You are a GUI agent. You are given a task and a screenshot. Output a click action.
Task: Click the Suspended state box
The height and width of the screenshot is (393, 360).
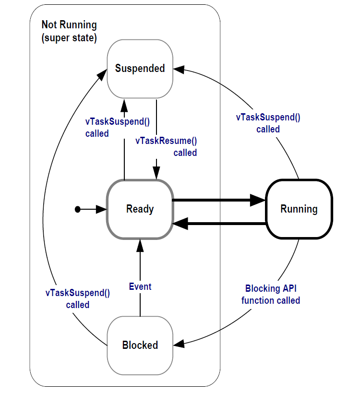(x=140, y=69)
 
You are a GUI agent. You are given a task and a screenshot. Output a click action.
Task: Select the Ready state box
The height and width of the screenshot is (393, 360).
(x=140, y=209)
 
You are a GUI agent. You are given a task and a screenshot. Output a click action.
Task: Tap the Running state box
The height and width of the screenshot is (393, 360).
(x=299, y=209)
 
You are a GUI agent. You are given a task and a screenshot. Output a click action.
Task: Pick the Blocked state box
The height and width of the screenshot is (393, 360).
(x=140, y=345)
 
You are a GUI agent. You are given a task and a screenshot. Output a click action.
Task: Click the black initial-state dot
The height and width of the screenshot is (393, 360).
(x=77, y=209)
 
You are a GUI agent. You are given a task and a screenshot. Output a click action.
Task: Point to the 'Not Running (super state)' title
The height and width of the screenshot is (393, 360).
(x=69, y=31)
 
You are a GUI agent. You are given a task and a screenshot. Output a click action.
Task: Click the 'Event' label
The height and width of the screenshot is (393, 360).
(x=140, y=286)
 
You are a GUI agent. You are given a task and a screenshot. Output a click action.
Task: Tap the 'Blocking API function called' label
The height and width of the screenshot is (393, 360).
(x=271, y=294)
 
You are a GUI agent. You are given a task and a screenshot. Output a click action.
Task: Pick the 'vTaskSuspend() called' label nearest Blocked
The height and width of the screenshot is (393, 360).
(x=78, y=298)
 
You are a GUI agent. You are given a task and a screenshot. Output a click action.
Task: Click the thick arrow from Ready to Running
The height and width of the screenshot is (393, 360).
(x=218, y=201)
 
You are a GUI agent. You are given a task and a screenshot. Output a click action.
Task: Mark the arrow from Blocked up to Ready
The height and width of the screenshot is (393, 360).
(x=140, y=278)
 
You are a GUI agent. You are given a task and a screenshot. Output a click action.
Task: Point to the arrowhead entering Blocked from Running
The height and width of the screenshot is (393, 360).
(x=179, y=344)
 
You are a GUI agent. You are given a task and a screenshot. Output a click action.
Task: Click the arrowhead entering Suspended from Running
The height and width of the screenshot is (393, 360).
(x=178, y=69)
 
